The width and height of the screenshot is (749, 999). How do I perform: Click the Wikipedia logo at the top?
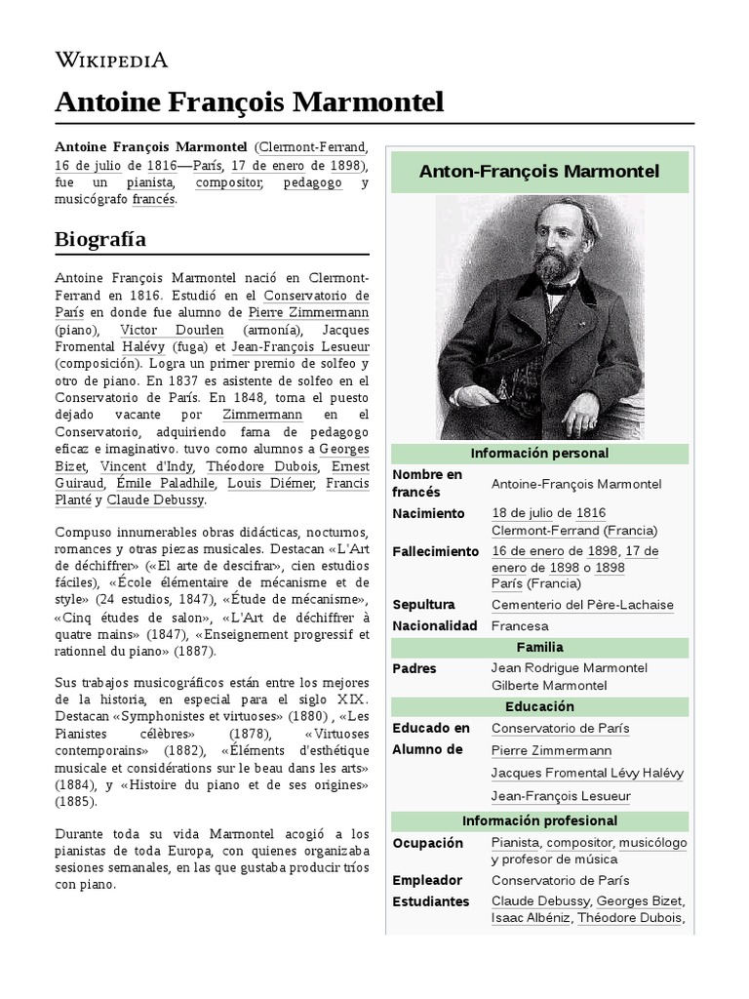[x=111, y=60]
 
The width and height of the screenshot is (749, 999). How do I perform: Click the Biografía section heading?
[x=100, y=239]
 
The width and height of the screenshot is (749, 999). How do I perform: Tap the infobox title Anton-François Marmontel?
[x=539, y=172]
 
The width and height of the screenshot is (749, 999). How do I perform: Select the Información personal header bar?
[x=539, y=454]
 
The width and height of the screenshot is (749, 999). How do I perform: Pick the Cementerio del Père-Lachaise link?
[x=582, y=605]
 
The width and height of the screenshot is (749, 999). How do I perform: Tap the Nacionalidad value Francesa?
[x=520, y=625]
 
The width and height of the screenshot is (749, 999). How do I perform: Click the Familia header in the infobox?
[x=539, y=647]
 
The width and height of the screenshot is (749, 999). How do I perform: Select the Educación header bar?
[x=539, y=706]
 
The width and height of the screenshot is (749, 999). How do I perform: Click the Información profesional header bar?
[x=539, y=821]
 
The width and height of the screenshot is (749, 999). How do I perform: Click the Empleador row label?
[x=426, y=880]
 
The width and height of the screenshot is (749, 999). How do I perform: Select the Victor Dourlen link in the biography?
[x=159, y=330]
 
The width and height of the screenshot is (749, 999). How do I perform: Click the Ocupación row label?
[x=426, y=842]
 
